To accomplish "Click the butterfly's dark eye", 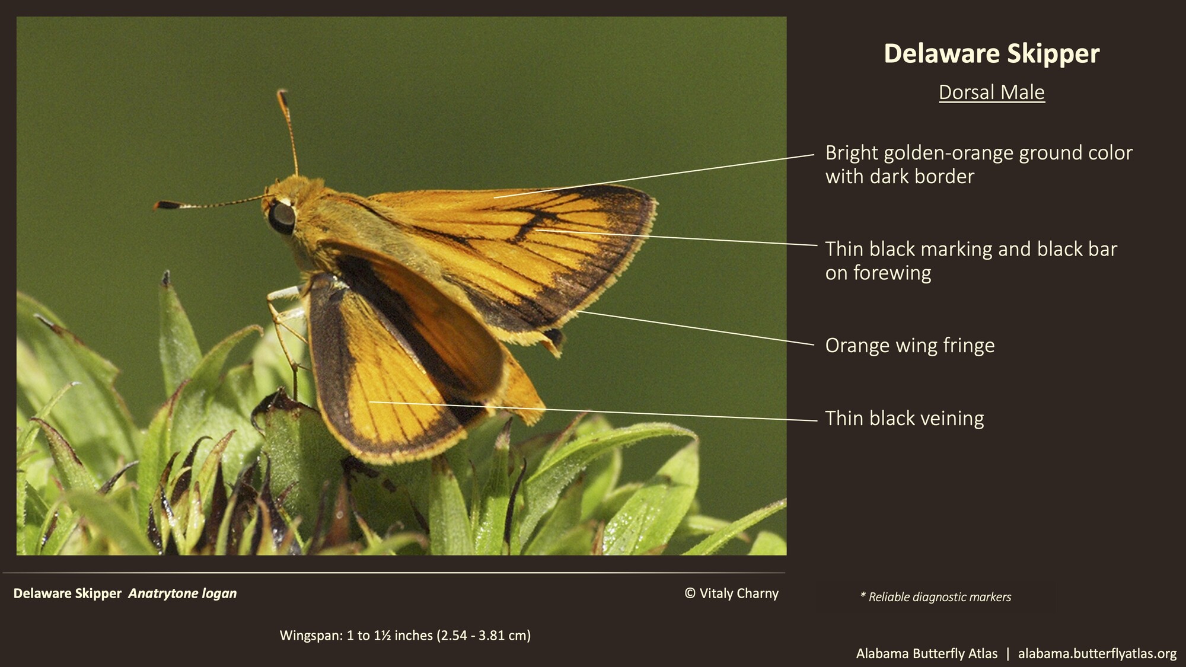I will coord(281,216).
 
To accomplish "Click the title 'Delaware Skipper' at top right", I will coord(991,53).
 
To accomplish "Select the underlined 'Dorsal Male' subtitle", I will coord(991,92).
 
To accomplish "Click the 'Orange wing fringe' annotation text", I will coord(910,345).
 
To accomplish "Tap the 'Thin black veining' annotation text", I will coord(904,418).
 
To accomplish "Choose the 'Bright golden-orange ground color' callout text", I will coord(978,153).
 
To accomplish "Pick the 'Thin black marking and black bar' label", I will coord(971,249).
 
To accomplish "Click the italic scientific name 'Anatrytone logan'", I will coord(183,593).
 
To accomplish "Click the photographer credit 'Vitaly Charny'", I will coord(739,593).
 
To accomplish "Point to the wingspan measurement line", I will coord(405,636).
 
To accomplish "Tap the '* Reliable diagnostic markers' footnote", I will coord(935,597).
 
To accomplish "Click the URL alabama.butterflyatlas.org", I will coord(1097,653).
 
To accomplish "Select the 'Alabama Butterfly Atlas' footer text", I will coord(926,653).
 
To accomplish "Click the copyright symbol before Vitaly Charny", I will coord(690,593).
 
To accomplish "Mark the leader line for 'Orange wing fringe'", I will coord(694,328).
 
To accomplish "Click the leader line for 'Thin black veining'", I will coord(593,411).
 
